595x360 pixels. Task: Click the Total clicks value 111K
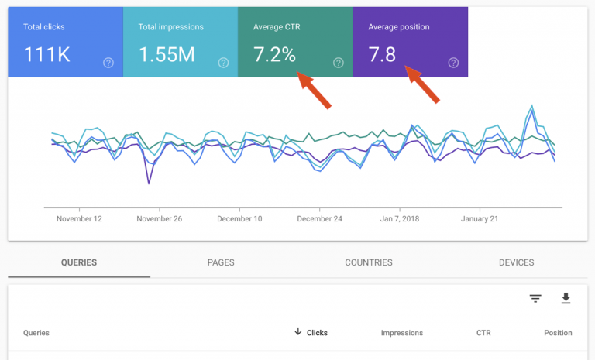(x=47, y=56)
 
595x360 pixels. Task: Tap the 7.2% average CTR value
(x=274, y=56)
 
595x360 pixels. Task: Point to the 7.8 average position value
(x=382, y=56)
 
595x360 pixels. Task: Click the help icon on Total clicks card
(x=108, y=63)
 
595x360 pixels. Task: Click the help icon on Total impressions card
(x=223, y=63)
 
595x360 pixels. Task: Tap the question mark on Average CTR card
(x=338, y=63)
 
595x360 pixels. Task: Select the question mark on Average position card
(x=453, y=63)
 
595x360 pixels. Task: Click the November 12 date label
(x=79, y=219)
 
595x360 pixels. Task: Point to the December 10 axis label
(x=239, y=219)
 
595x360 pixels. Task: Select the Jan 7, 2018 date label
(x=400, y=219)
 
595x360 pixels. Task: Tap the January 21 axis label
(x=480, y=219)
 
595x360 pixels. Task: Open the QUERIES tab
(x=79, y=262)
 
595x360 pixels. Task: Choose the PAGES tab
(x=221, y=262)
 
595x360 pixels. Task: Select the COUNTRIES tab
(x=369, y=262)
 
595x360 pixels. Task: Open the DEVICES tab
(x=517, y=262)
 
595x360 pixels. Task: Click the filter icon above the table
(x=535, y=298)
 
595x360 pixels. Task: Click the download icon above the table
(x=566, y=298)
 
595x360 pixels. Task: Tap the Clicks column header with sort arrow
(x=311, y=333)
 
